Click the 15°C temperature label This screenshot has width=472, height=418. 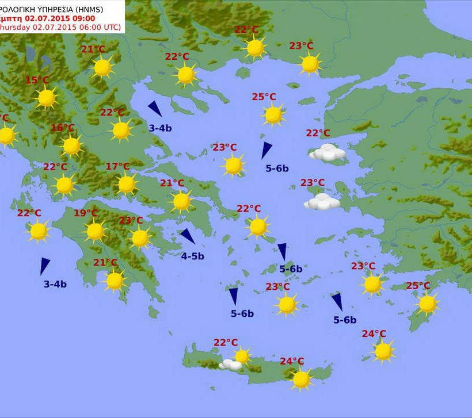pyautogui.click(x=37, y=80)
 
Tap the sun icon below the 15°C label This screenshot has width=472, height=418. pyautogui.click(x=46, y=98)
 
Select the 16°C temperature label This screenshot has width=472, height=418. pyautogui.click(x=62, y=128)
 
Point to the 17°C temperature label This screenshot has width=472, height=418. pyautogui.click(x=117, y=167)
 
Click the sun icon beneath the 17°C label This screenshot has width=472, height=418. pyautogui.click(x=126, y=185)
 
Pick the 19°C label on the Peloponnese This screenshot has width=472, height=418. pyautogui.click(x=86, y=213)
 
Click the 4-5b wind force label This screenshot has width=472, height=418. pyautogui.click(x=192, y=256)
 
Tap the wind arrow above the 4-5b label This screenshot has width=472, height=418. pyautogui.click(x=187, y=236)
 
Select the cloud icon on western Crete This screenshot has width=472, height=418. pyautogui.click(x=231, y=365)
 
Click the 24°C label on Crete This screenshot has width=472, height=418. pyautogui.click(x=292, y=361)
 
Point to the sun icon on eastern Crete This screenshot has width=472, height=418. pyautogui.click(x=301, y=379)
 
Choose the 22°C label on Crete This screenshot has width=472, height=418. pyautogui.click(x=226, y=343)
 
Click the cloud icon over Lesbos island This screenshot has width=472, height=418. pyautogui.click(x=328, y=152)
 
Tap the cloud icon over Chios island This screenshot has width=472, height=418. pyautogui.click(x=322, y=202)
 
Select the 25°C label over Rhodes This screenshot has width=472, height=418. pyautogui.click(x=418, y=286)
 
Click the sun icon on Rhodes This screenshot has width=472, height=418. pyautogui.click(x=427, y=304)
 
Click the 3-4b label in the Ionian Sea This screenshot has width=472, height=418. pyautogui.click(x=55, y=284)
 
